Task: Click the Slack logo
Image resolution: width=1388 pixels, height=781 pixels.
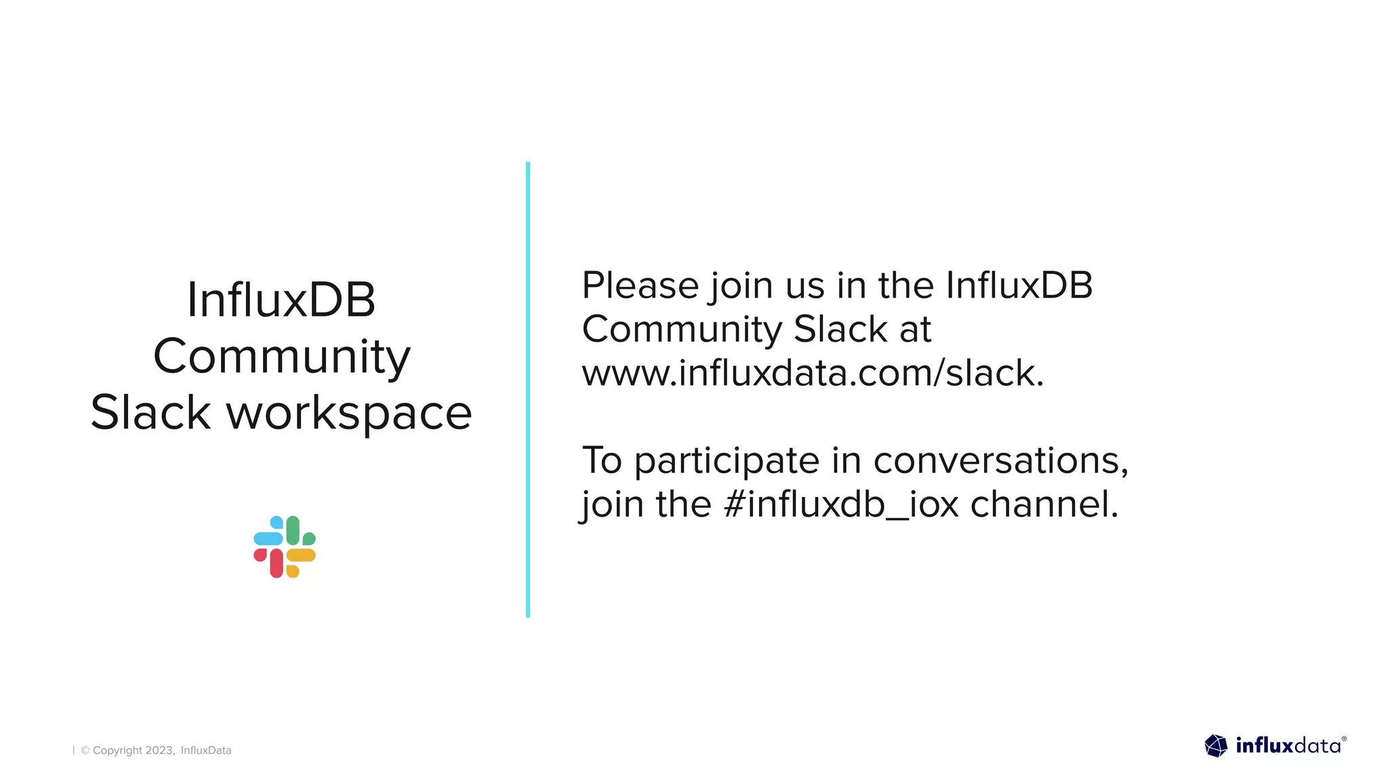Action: pyautogui.click(x=285, y=546)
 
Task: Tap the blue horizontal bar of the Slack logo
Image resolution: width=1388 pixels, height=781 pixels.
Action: pyautogui.click(x=268, y=539)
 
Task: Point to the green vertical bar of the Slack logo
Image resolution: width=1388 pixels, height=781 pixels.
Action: pyautogui.click(x=293, y=530)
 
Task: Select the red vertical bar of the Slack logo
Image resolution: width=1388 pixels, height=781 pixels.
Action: pyautogui.click(x=277, y=563)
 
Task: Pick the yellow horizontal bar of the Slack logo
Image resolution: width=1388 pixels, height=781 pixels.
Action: pyautogui.click(x=301, y=555)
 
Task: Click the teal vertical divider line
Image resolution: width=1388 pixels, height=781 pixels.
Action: pyautogui.click(x=528, y=390)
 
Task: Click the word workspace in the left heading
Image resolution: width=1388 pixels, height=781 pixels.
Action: pyautogui.click(x=349, y=413)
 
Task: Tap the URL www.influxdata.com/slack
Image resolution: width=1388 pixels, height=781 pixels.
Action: pyautogui.click(x=813, y=373)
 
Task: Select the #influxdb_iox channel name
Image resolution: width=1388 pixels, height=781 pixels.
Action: pyautogui.click(x=841, y=504)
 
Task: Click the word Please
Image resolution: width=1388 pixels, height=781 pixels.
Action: pyautogui.click(x=640, y=285)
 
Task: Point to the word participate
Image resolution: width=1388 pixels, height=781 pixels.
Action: pyautogui.click(x=727, y=461)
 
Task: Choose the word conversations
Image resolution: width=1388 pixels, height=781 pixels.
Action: pyautogui.click(x=1000, y=461)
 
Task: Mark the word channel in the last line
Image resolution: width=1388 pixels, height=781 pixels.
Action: pyautogui.click(x=1044, y=504)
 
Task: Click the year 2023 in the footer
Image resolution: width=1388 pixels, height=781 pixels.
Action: pyautogui.click(x=160, y=750)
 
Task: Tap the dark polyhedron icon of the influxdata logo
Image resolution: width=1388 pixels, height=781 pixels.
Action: pyautogui.click(x=1216, y=746)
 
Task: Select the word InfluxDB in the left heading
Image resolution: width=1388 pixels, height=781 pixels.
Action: pyautogui.click(x=281, y=300)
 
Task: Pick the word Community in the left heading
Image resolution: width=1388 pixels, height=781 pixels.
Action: pyautogui.click(x=282, y=357)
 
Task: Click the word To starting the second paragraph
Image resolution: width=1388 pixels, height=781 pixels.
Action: pyautogui.click(x=602, y=461)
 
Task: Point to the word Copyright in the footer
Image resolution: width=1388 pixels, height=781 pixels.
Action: pyautogui.click(x=117, y=750)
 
